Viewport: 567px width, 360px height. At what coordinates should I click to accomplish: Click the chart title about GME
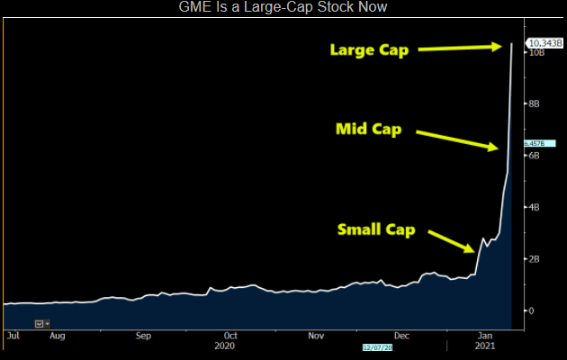(283, 8)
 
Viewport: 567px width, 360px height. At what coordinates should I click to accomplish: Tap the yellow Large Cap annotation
(368, 50)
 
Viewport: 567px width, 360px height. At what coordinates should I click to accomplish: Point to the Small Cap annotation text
(375, 229)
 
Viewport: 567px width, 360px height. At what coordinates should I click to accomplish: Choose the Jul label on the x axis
(13, 335)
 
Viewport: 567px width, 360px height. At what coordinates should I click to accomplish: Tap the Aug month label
(58, 335)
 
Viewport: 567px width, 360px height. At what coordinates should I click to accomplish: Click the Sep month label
(144, 335)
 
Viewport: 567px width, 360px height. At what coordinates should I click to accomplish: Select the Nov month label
(316, 335)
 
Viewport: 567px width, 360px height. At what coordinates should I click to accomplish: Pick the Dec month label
(401, 335)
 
